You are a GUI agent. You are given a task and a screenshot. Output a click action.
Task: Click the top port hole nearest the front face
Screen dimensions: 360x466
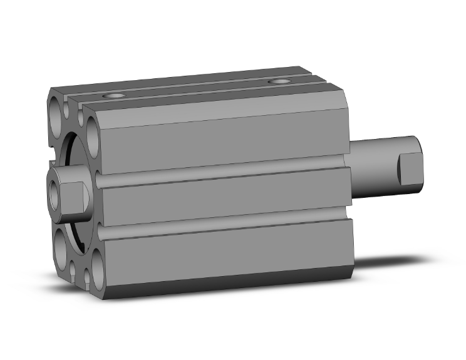coord(114,96)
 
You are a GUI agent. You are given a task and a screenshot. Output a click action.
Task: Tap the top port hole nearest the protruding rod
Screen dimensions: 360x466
coord(277,82)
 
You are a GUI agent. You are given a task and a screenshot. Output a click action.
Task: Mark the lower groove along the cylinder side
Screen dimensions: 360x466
coord(219,225)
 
